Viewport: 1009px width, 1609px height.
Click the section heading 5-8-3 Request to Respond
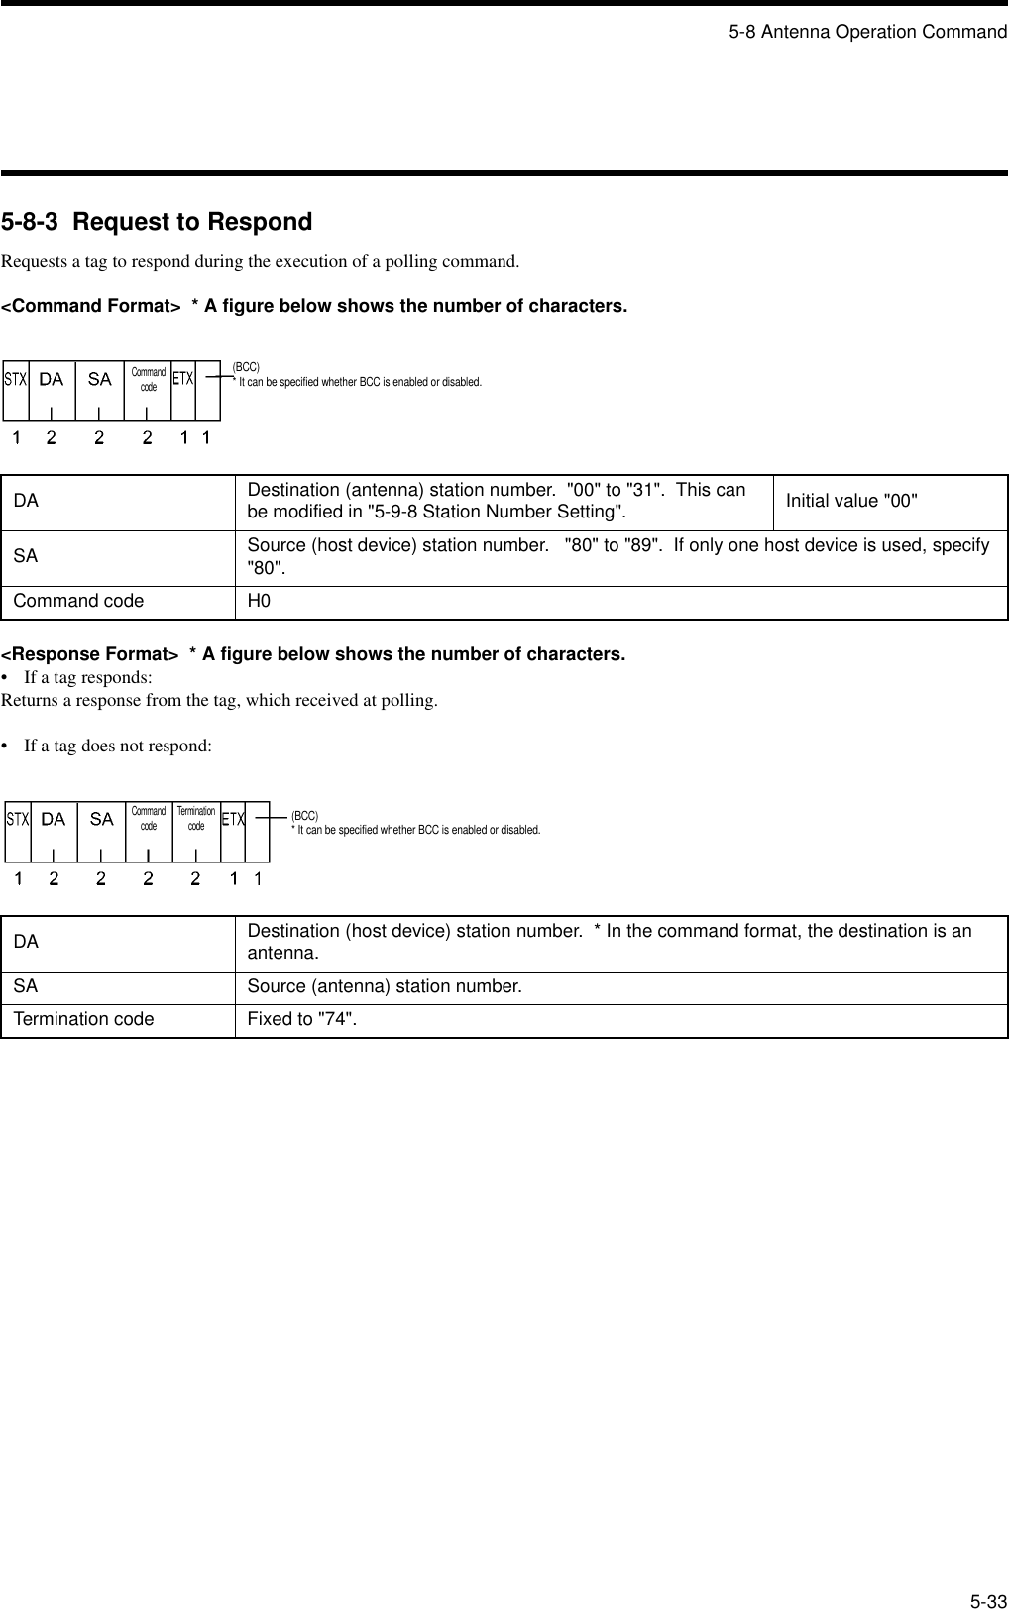pos(157,222)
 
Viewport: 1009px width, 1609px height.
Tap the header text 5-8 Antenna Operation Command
pos(867,32)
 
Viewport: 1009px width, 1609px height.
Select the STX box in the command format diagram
pos(15,379)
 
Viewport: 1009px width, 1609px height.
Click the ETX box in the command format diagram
pos(183,379)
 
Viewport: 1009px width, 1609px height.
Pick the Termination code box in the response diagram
pos(196,819)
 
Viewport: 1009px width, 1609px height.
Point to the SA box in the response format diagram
pos(101,819)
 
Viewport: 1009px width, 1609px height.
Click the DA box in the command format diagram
pos(52,379)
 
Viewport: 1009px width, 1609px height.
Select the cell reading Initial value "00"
pos(851,501)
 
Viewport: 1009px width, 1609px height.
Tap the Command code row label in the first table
pos(78,602)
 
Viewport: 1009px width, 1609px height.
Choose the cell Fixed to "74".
pos(302,1020)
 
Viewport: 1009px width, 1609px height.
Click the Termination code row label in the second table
pos(83,1020)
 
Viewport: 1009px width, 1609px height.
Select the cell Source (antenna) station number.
pos(384,987)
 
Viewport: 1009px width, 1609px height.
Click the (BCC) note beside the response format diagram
pos(305,816)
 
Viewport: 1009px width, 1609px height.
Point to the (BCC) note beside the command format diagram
pos(246,368)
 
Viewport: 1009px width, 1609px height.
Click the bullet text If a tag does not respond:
pos(117,746)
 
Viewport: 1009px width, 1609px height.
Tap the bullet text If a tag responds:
pos(87,678)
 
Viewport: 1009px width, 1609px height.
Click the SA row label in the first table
pos(26,557)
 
